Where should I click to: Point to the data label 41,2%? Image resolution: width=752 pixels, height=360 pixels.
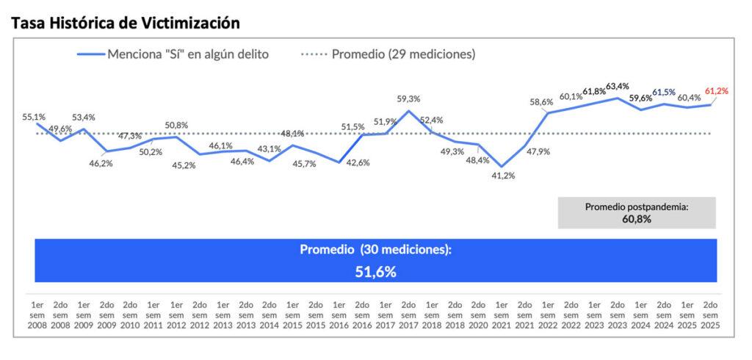pos(502,176)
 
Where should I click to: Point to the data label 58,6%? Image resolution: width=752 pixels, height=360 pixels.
pos(541,102)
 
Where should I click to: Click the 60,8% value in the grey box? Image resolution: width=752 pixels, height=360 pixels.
pos(636,218)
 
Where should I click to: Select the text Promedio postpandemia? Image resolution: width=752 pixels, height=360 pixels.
pos(636,207)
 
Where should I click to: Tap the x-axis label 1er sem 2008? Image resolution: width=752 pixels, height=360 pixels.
pos(37,314)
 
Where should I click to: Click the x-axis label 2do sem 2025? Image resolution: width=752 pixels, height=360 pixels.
pos(710,314)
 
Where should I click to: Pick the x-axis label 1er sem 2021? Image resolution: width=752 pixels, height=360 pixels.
pos(502,314)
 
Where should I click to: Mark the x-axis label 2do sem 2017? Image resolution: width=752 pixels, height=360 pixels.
pos(408,314)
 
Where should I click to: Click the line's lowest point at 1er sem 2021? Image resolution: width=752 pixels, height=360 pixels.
pos(502,167)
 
